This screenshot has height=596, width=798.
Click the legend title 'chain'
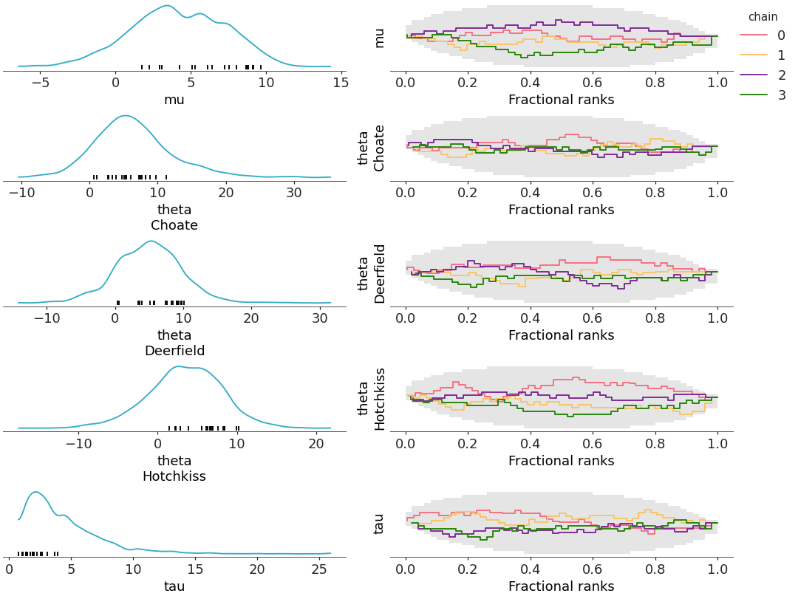[x=763, y=17]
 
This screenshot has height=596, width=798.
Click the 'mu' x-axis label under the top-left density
[x=174, y=100]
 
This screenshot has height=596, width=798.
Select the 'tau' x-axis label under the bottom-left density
[x=174, y=586]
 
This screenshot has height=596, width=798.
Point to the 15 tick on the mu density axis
[x=341, y=82]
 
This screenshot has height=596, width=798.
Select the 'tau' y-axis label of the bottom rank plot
[x=379, y=524]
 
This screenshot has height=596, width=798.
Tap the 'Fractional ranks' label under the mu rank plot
[x=561, y=100]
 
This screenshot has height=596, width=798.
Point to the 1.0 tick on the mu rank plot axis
[x=717, y=82]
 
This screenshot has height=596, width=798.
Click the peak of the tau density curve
[x=35, y=492]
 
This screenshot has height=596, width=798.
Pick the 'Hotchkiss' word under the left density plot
[x=174, y=476]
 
